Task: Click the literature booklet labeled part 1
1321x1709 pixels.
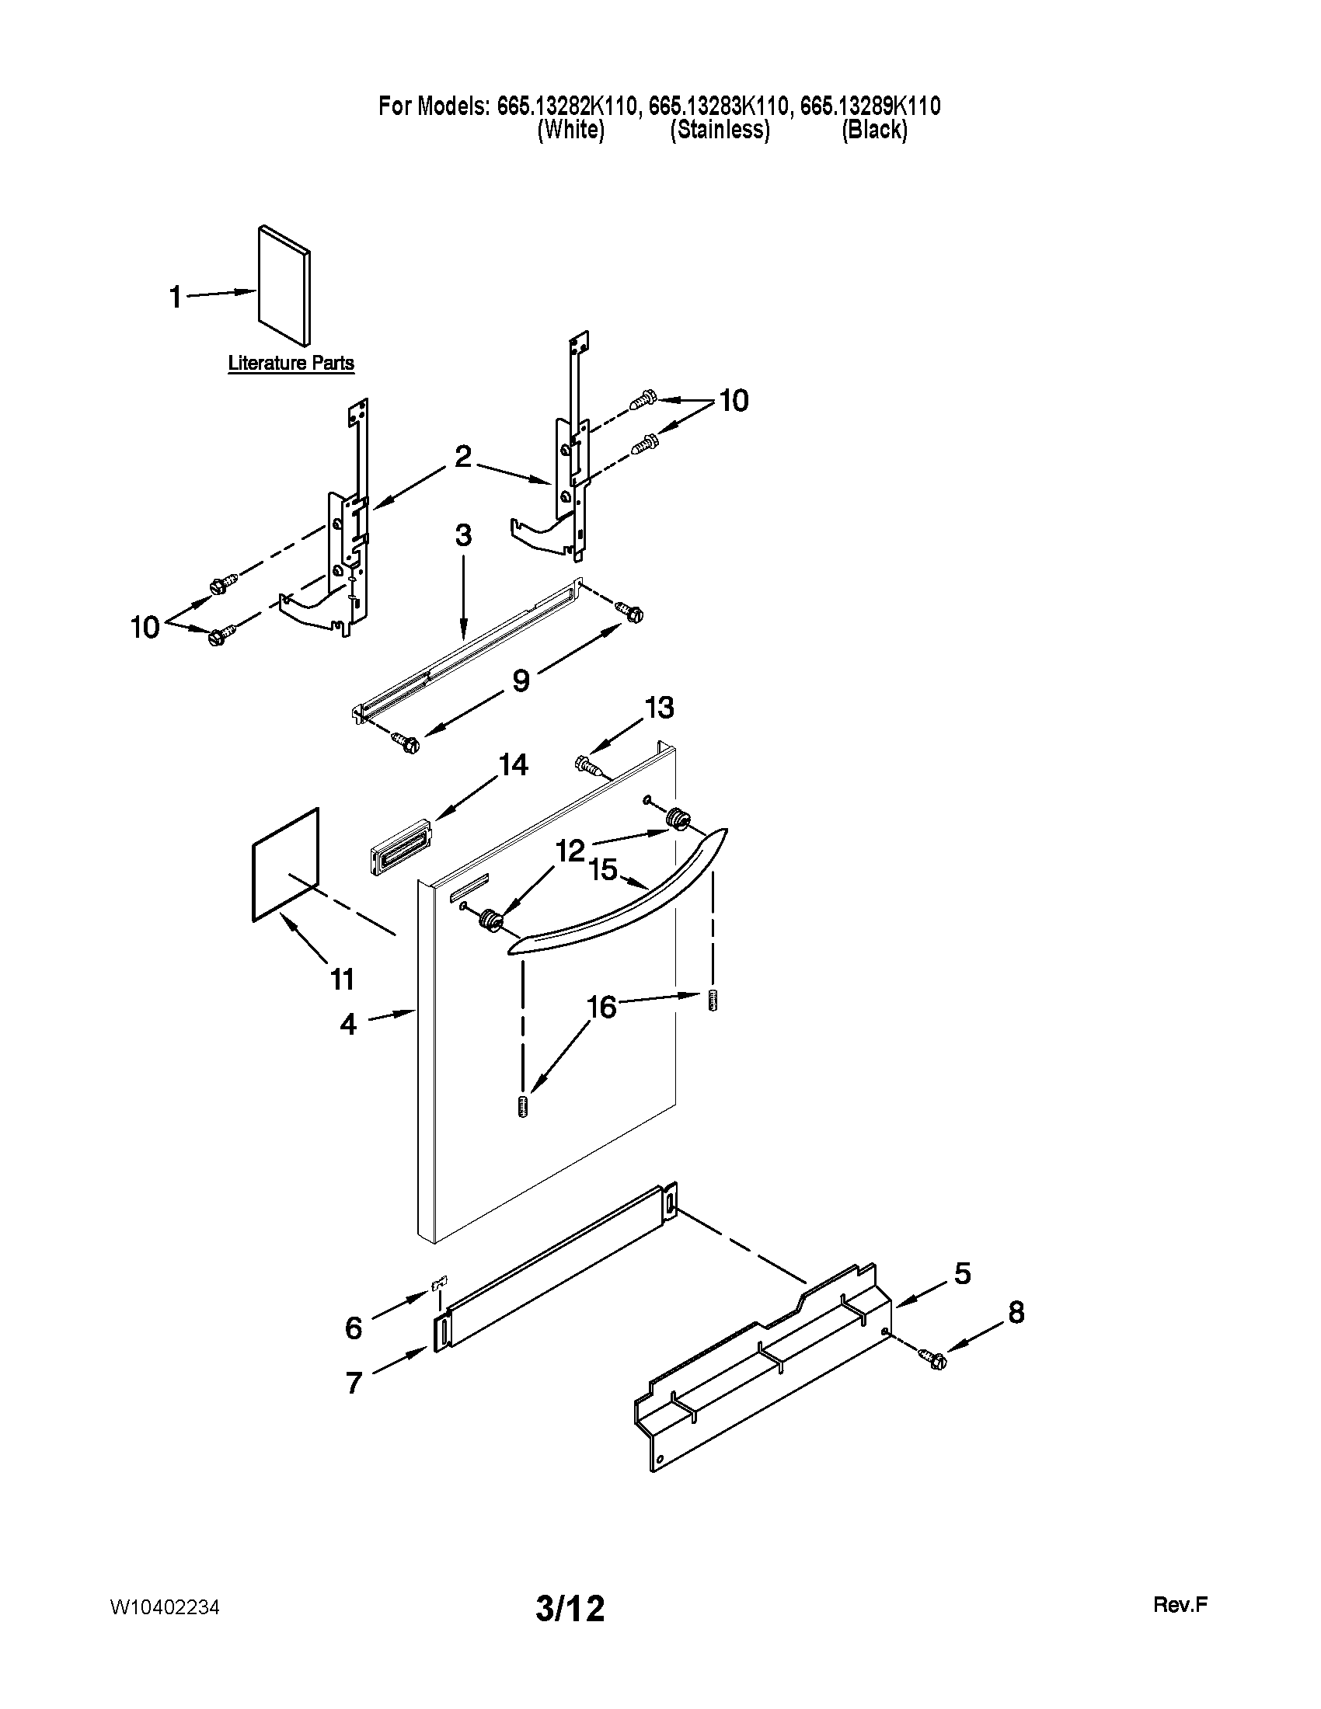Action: [284, 286]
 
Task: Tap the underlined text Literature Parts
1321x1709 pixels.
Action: [291, 363]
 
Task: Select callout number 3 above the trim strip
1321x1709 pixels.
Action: [463, 536]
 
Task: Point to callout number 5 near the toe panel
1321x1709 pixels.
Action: [962, 1273]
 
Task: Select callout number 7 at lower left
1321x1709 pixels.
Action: [354, 1383]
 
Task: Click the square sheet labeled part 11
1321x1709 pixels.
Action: [286, 865]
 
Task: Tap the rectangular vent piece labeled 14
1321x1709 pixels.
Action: [400, 846]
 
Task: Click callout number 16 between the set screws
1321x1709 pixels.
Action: [601, 1007]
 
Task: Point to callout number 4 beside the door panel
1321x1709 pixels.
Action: [348, 1024]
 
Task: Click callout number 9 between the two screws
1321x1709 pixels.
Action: [521, 680]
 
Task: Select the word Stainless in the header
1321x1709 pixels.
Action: [720, 130]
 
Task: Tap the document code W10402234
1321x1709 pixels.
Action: [164, 1607]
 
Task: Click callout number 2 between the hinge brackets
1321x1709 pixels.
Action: [463, 456]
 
